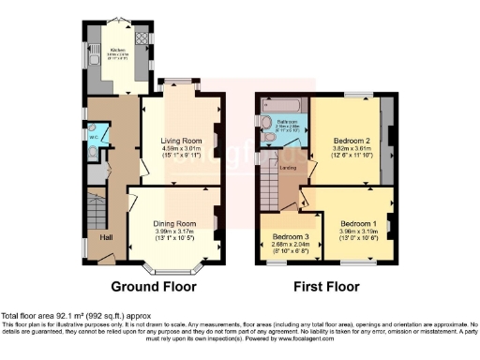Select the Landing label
pyautogui.click(x=289, y=168)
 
